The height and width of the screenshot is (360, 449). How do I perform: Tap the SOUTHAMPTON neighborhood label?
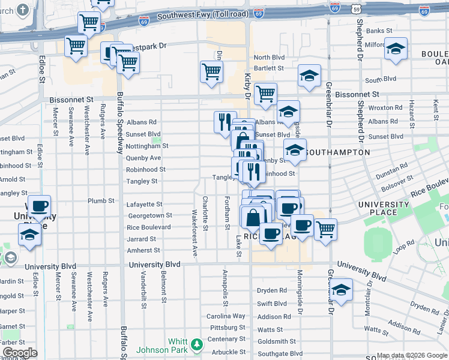[x=338, y=152]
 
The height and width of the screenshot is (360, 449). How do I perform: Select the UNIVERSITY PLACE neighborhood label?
[x=384, y=208]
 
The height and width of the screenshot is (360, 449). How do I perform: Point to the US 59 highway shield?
[x=357, y=10]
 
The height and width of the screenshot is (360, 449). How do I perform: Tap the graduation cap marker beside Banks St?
[x=396, y=49]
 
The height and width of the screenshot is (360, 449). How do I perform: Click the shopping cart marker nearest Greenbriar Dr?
[x=325, y=229]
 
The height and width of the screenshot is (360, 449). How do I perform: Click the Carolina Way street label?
[x=226, y=316]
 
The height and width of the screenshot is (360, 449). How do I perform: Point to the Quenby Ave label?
[x=143, y=158]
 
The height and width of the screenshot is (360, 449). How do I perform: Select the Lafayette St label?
[x=145, y=205]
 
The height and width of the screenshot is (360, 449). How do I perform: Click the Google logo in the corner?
[x=20, y=353]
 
